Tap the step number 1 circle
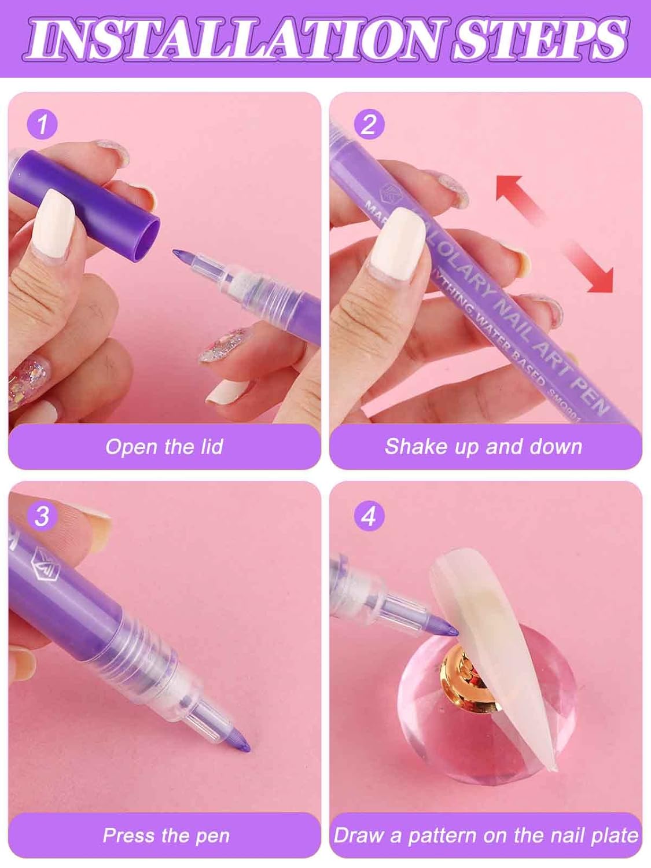[42, 124]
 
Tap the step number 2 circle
[369, 124]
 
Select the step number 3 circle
[42, 516]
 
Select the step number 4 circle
[369, 516]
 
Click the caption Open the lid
[164, 447]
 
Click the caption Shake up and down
[483, 447]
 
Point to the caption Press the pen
[166, 836]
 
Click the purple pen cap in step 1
[84, 200]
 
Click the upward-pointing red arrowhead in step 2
[509, 188]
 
